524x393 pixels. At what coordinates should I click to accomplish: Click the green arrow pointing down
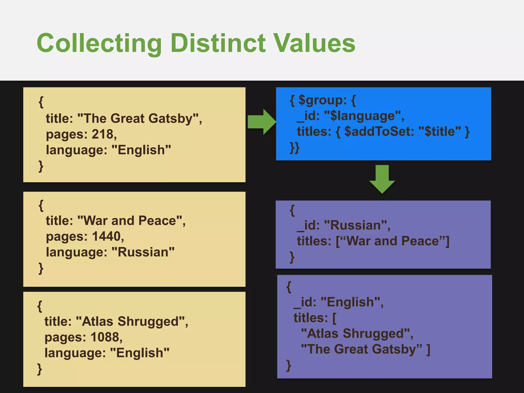pos(382,179)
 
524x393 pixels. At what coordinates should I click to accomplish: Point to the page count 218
pos(102,134)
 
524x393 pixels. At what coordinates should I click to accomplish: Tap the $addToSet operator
pos(379,132)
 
